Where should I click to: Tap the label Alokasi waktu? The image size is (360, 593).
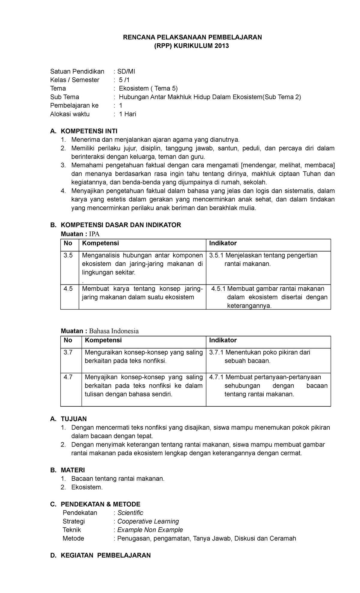pos(70,114)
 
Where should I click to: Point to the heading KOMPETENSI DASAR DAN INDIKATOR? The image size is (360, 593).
pos(121,225)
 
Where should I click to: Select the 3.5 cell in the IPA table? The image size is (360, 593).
pos(68,255)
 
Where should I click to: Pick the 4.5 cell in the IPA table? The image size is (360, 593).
pos(68,289)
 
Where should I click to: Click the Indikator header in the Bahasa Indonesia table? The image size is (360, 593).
pos(223,340)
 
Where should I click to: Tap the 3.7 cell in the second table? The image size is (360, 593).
pos(68,352)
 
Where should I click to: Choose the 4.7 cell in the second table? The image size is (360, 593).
pos(68,377)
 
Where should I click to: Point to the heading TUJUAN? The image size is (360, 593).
pos(74,419)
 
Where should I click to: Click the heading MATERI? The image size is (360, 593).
pos(73,470)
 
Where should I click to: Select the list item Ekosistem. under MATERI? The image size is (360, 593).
pos(87,487)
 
